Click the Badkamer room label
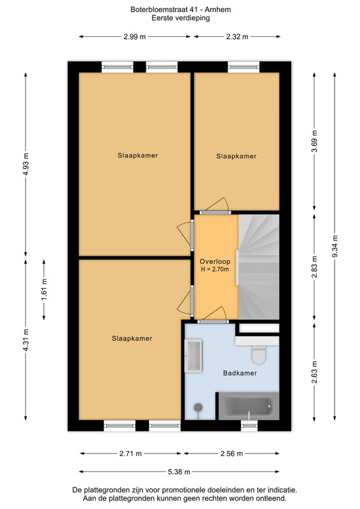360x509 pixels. [240, 373]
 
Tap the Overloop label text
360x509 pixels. [215, 261]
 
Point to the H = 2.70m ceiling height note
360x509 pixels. [215, 269]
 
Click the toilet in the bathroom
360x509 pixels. [259, 354]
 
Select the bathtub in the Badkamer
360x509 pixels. [249, 406]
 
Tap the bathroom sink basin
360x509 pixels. [193, 356]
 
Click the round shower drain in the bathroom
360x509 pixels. [198, 407]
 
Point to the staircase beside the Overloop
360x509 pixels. [259, 267]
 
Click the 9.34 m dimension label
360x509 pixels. [335, 246]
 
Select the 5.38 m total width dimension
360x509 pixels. [179, 471]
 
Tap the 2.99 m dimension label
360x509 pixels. [135, 37]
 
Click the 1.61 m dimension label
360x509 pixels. [44, 289]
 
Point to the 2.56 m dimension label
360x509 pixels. [232, 454]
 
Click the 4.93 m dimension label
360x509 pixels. [26, 164]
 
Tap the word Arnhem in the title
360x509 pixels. [218, 10]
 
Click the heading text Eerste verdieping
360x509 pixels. [181, 18]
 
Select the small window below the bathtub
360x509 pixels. [249, 425]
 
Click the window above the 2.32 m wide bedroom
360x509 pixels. [244, 67]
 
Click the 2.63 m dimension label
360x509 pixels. [314, 372]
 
